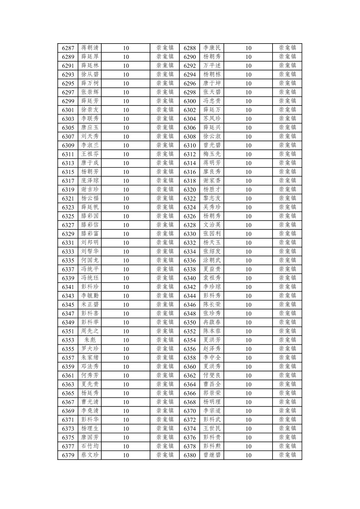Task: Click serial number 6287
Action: (x=68, y=48)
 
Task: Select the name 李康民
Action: (x=212, y=48)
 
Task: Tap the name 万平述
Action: (x=212, y=66)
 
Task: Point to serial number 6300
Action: (x=190, y=101)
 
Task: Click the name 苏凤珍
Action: (x=212, y=119)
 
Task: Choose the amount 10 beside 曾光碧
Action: (x=248, y=145)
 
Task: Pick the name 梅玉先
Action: (x=212, y=154)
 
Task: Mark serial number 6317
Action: (x=68, y=181)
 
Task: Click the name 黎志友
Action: (x=212, y=199)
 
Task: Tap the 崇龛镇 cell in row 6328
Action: (x=287, y=225)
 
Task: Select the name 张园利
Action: (x=212, y=234)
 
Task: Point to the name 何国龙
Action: (x=90, y=261)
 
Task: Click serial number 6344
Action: (x=190, y=296)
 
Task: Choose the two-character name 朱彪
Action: (x=90, y=340)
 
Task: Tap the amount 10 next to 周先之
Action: (x=126, y=331)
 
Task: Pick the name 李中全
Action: (x=212, y=358)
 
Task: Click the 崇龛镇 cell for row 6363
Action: (x=165, y=384)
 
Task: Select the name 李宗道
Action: (x=212, y=411)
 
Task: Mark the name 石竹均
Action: (x=90, y=446)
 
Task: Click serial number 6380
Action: (x=190, y=455)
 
